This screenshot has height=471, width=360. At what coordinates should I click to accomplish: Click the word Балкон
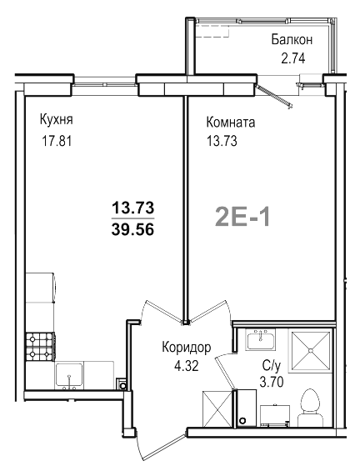(x=292, y=39)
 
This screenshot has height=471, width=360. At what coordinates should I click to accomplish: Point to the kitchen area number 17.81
(x=56, y=140)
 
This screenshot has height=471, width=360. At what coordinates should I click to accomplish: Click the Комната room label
(x=231, y=122)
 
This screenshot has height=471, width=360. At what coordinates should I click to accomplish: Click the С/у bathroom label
(x=272, y=364)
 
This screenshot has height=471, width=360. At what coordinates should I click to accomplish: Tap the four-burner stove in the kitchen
(x=39, y=343)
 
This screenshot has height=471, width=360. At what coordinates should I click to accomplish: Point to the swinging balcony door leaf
(x=275, y=94)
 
